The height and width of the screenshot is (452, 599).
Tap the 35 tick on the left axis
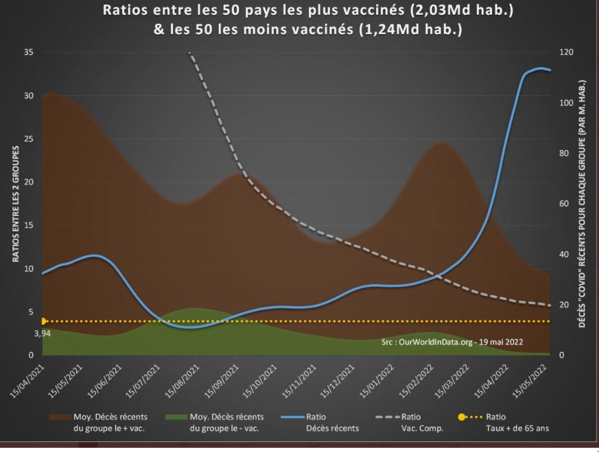(x=29, y=53)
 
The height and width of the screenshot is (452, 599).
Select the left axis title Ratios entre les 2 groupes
(x=16, y=203)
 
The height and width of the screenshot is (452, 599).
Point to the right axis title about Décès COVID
(x=583, y=203)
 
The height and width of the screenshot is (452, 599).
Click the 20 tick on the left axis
(x=29, y=182)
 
